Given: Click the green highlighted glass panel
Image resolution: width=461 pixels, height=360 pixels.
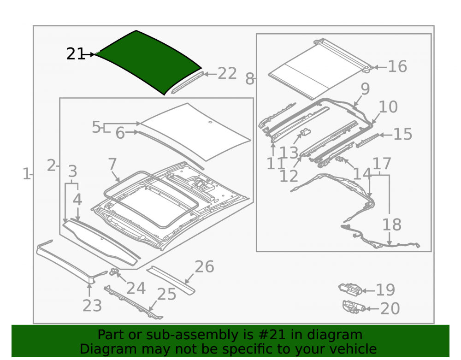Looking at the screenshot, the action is pyautogui.click(x=148, y=62).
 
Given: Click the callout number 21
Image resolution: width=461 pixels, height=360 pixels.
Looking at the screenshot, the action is pyautogui.click(x=76, y=54).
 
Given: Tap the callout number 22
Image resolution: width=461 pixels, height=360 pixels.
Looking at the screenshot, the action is pyautogui.click(x=227, y=73).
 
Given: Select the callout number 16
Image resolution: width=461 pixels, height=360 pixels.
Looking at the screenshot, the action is pyautogui.click(x=397, y=67).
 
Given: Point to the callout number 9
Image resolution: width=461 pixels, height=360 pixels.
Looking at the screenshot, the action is pyautogui.click(x=365, y=89).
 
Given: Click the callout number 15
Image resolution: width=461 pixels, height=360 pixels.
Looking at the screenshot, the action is pyautogui.click(x=402, y=134).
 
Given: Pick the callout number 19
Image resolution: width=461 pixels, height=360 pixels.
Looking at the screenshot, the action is pyautogui.click(x=385, y=290).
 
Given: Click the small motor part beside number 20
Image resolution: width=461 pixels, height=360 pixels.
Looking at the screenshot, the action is pyautogui.click(x=354, y=307).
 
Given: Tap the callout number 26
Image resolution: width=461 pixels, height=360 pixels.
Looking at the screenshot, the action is pyautogui.click(x=204, y=267).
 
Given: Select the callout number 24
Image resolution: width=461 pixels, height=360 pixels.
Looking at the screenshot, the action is pyautogui.click(x=136, y=288).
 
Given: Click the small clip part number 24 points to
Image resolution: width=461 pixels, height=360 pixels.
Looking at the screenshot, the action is pyautogui.click(x=114, y=271).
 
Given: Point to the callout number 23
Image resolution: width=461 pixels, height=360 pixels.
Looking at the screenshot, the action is pyautogui.click(x=92, y=306).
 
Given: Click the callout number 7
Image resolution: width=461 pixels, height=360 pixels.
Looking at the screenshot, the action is pyautogui.click(x=112, y=164).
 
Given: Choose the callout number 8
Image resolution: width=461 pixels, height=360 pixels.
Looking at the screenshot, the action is pyautogui.click(x=250, y=79).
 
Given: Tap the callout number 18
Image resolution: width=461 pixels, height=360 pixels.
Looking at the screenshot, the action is pyautogui.click(x=391, y=225).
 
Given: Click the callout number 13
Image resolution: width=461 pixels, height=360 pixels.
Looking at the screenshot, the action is pyautogui.click(x=289, y=153).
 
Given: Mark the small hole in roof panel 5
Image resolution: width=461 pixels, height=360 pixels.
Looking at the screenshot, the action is pyautogui.click(x=210, y=122).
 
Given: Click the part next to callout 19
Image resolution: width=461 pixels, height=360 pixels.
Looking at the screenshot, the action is pyautogui.click(x=350, y=289).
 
